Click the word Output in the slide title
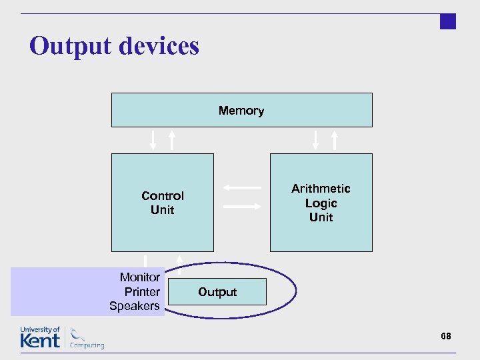click(x=69, y=46)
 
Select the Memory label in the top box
click(x=241, y=111)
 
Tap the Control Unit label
click(x=163, y=203)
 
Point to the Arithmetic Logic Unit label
click(x=321, y=203)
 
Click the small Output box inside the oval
click(x=217, y=292)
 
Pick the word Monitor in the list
click(x=140, y=277)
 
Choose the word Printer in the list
click(x=142, y=292)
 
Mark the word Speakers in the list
click(x=135, y=306)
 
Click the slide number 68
click(x=446, y=336)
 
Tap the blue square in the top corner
click(x=448, y=21)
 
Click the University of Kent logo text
click(x=40, y=337)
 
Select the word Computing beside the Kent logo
click(x=87, y=345)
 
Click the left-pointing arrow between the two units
click(x=241, y=187)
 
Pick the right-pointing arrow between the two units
click(x=242, y=207)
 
